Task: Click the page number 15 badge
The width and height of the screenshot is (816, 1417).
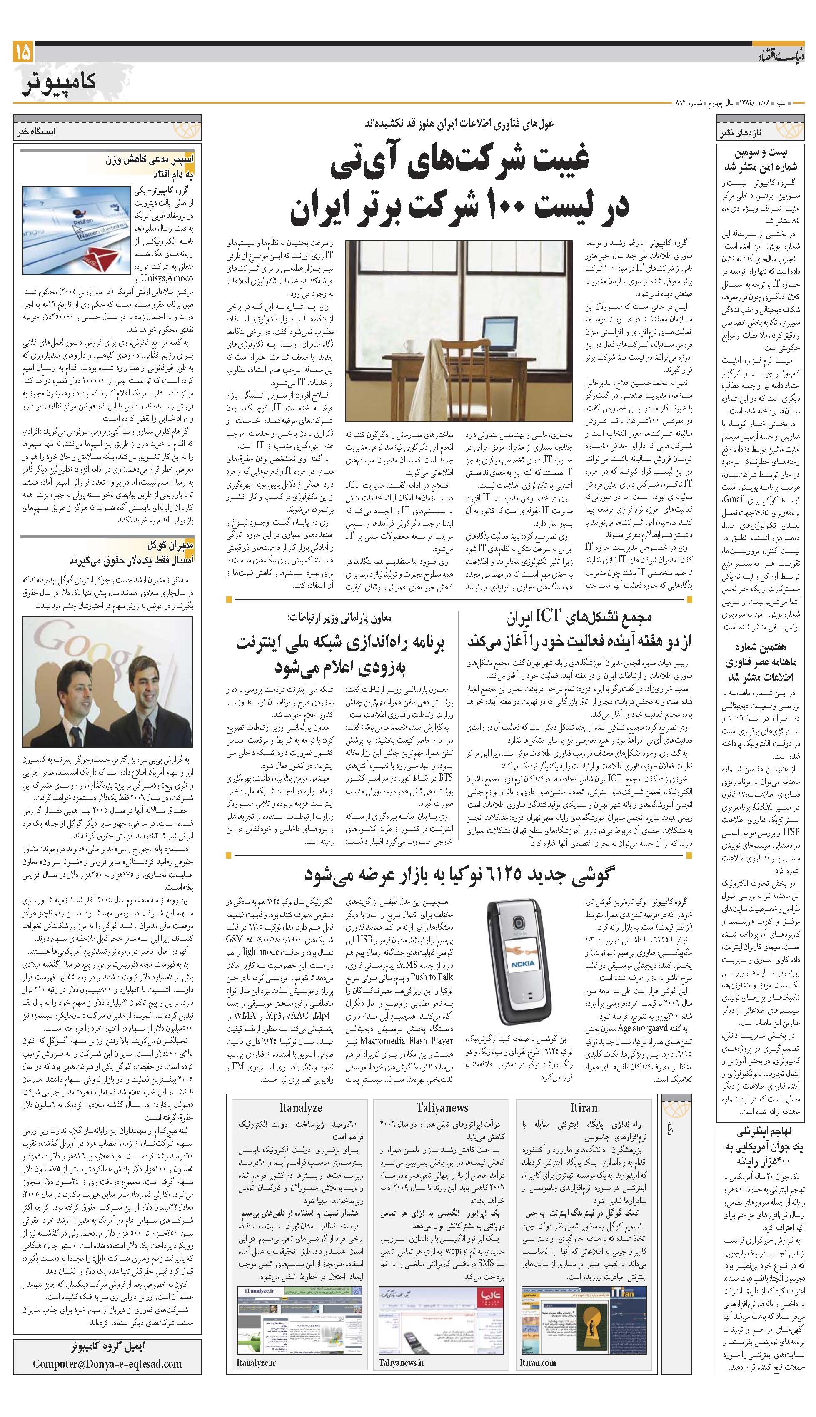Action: (23, 52)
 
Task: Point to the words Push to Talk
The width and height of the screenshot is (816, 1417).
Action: (432, 976)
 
